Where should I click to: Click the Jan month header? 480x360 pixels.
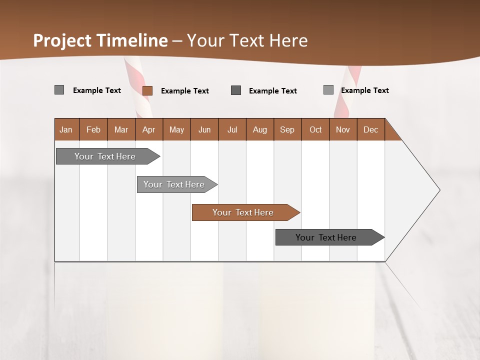(x=66, y=129)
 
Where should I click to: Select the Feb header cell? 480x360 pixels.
(x=93, y=129)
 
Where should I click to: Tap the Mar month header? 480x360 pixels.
(x=121, y=129)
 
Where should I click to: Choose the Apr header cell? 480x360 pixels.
(x=149, y=129)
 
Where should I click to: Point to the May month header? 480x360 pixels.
(x=176, y=129)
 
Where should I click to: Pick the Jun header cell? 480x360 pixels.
(x=204, y=129)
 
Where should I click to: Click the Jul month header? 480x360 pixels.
(x=232, y=129)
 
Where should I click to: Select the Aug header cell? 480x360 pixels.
(x=260, y=129)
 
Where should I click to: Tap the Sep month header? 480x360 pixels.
(x=287, y=129)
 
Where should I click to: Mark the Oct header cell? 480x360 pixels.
(x=315, y=129)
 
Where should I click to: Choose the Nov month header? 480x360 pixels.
(x=343, y=129)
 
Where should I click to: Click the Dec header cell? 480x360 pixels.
(x=371, y=129)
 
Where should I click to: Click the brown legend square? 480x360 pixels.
(x=147, y=90)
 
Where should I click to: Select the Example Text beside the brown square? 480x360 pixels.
(x=184, y=91)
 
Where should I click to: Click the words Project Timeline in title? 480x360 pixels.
(x=100, y=40)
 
